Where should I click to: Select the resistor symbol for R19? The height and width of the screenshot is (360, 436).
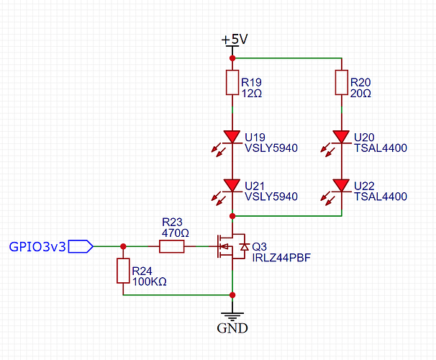coord(232,83)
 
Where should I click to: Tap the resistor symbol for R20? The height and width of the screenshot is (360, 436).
coord(341,83)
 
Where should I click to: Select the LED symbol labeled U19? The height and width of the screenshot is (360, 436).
coord(232,136)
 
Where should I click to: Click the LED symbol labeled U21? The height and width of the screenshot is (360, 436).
coord(232,185)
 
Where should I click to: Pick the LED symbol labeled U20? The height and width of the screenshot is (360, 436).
coord(341,136)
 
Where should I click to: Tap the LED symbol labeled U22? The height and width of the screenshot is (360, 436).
coord(341,185)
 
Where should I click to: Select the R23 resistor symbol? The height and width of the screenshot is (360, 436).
coord(171,247)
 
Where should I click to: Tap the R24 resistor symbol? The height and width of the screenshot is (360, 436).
coord(123,271)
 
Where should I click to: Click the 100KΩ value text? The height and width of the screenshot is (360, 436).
coord(148,282)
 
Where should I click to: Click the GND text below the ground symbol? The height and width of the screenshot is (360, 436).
coord(232,328)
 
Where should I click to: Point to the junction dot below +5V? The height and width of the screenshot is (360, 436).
coord(232,58)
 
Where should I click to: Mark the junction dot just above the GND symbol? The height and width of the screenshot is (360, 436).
coord(232,294)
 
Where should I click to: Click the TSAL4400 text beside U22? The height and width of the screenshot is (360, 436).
coord(381,197)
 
